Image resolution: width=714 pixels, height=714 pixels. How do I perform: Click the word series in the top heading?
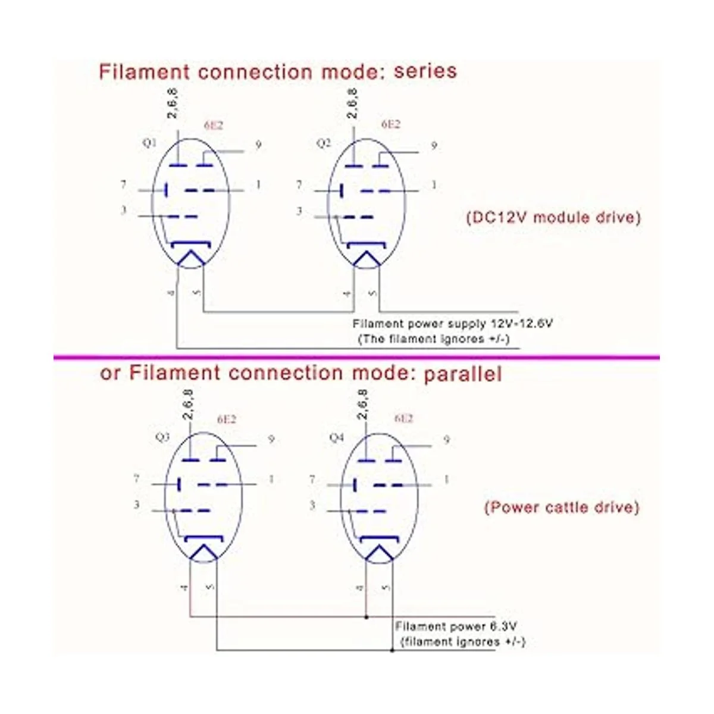[425, 72]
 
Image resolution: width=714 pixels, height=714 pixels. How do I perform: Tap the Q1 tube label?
[150, 143]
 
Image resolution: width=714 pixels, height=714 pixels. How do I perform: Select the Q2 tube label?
[324, 144]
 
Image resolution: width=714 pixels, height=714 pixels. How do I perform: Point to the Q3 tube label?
[162, 437]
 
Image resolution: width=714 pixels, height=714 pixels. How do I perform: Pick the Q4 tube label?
[337, 438]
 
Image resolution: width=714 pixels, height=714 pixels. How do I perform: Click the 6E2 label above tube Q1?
[213, 126]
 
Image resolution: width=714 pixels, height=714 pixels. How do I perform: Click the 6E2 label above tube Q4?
[403, 418]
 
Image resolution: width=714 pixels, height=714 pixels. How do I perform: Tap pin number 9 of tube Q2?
[434, 145]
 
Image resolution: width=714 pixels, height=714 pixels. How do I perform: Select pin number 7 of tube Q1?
[124, 185]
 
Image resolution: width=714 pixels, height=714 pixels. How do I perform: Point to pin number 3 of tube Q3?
[137, 505]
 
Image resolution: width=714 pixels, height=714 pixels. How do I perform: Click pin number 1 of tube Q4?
[447, 479]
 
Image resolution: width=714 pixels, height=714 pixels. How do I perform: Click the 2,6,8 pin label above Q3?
[188, 405]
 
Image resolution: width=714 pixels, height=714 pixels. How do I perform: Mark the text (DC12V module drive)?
[553, 217]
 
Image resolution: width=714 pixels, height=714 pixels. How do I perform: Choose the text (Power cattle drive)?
[561, 508]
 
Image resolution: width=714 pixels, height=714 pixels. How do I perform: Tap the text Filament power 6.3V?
[456, 627]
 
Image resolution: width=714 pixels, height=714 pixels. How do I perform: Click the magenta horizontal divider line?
[357, 357]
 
